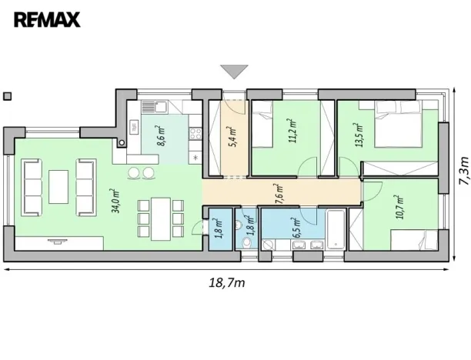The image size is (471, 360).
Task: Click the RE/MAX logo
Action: click(48, 18)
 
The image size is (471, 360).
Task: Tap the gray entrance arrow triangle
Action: click(233, 72)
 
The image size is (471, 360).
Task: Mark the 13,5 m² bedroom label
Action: click(356, 135)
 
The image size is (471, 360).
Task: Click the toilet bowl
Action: click(246, 242)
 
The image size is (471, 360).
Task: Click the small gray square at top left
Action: click(7, 96)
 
